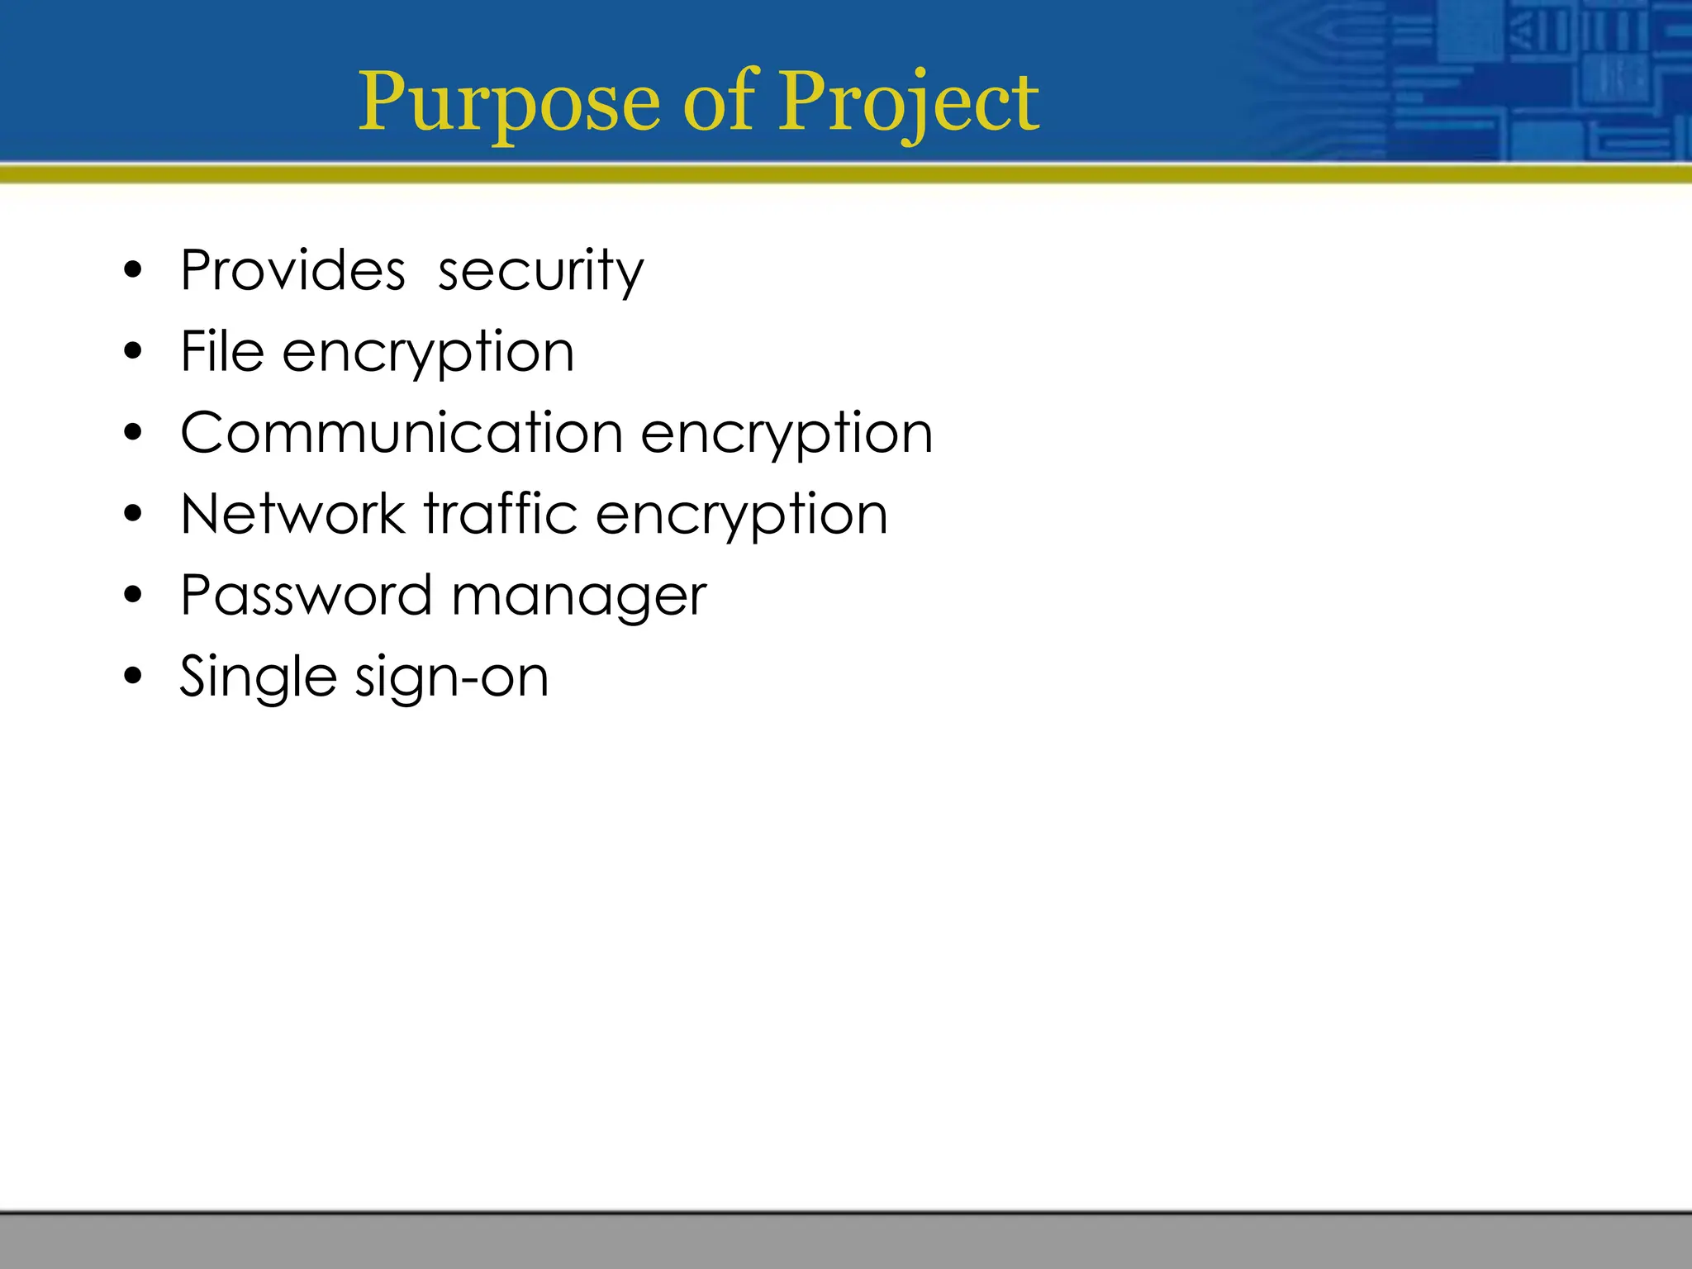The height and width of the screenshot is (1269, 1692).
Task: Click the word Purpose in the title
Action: point(509,103)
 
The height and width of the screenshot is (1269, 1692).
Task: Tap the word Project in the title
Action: point(909,103)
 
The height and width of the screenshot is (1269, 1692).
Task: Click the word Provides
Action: point(293,270)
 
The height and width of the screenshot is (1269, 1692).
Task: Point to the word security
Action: point(540,272)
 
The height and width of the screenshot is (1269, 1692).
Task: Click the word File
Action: point(222,351)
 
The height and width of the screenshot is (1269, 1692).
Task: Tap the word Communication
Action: point(402,432)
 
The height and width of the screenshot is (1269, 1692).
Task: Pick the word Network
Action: point(293,514)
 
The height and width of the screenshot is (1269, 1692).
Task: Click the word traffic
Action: point(501,513)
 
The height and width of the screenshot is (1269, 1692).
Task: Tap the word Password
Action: point(307,595)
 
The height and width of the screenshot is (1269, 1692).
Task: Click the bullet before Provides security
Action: point(133,270)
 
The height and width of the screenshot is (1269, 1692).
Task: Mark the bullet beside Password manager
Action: point(133,595)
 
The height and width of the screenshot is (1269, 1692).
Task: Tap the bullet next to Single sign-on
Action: point(133,677)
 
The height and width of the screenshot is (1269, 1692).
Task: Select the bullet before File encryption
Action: point(133,352)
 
